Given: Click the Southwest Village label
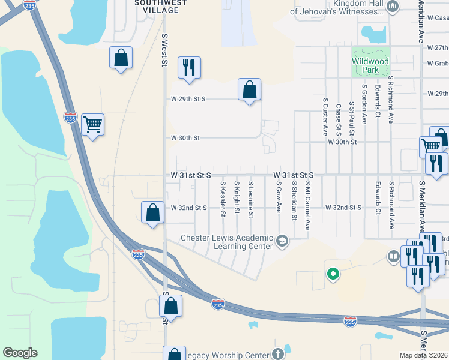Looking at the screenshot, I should (x=157, y=7).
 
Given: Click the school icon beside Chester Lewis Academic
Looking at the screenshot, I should (x=282, y=242).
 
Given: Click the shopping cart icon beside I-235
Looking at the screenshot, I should (x=93, y=125).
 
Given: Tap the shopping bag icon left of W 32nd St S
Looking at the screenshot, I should (x=153, y=212).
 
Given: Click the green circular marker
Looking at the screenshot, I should (x=331, y=275).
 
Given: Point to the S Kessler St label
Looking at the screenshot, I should (x=223, y=200).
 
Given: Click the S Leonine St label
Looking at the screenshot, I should (x=250, y=200).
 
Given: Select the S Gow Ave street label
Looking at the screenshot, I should (x=279, y=199).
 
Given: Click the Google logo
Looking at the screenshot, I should (x=20, y=353).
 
